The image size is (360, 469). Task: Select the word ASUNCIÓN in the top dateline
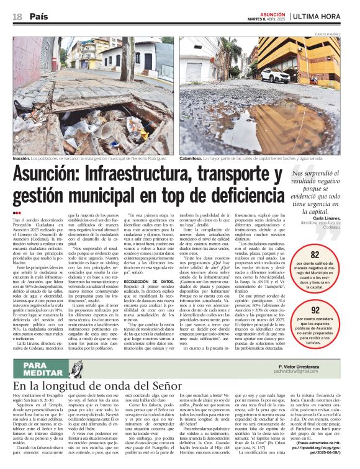(272, 12)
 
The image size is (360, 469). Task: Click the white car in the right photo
(274, 75)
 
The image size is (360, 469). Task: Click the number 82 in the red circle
(315, 255)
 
